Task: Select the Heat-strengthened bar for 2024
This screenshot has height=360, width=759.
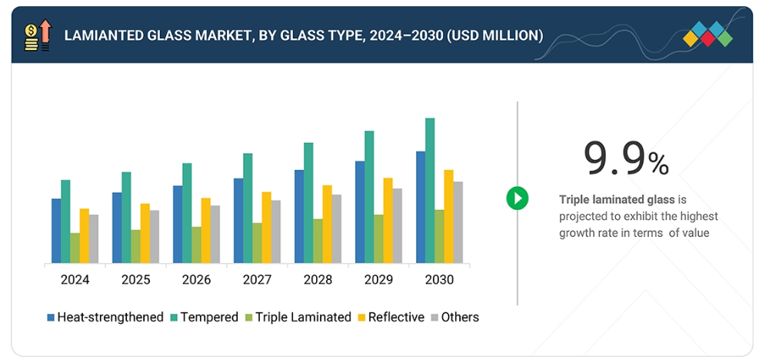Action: tap(56, 231)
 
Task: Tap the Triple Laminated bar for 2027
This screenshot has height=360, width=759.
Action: tap(257, 243)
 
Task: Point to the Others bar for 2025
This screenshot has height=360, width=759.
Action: tap(154, 236)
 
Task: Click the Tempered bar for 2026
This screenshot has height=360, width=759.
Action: tap(187, 213)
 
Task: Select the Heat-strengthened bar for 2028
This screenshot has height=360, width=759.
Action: tap(299, 216)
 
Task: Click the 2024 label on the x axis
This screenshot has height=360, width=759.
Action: tap(75, 280)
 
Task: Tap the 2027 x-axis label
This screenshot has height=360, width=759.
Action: tap(257, 280)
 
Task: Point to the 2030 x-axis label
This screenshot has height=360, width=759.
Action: tap(439, 280)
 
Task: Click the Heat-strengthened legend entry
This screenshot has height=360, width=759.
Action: tap(105, 317)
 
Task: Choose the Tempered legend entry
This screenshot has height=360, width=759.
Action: tap(203, 317)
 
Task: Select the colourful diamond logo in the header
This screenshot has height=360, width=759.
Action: tap(707, 34)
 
